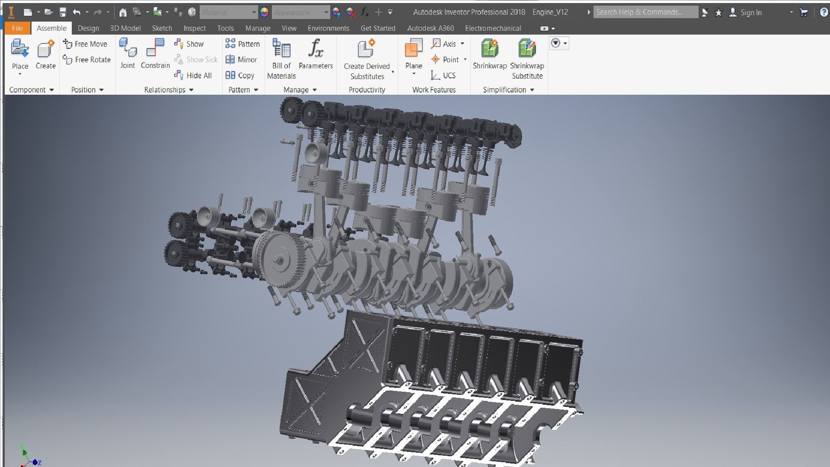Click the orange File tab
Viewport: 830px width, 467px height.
click(17, 28)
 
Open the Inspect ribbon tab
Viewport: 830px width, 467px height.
click(195, 28)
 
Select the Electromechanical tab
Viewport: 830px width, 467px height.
click(493, 28)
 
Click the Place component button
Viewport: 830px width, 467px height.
click(20, 54)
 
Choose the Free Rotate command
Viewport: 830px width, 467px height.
click(87, 60)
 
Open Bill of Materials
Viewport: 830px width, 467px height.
click(281, 58)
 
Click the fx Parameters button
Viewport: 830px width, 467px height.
click(316, 54)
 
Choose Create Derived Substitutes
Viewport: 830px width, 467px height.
click(367, 58)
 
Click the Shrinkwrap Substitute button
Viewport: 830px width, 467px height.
click(527, 58)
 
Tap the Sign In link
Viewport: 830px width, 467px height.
click(750, 13)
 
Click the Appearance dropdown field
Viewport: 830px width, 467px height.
click(300, 13)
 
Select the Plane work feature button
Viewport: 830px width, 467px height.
click(414, 54)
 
